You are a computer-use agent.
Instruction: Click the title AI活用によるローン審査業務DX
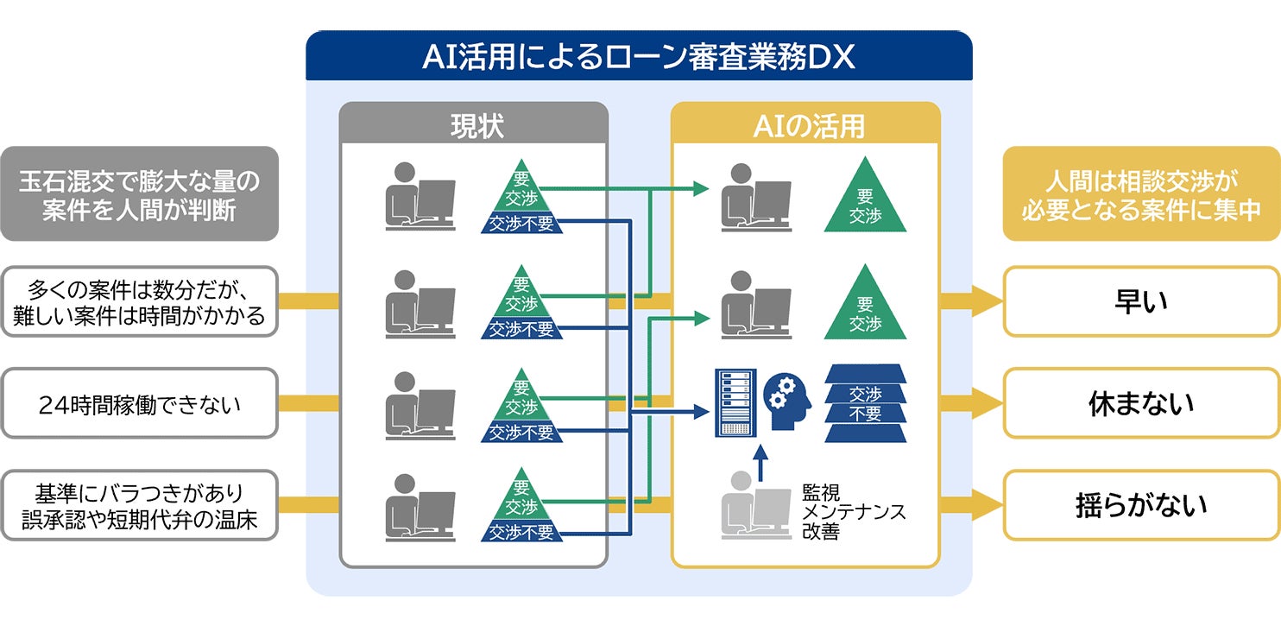click(x=639, y=56)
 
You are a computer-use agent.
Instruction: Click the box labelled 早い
click(x=1141, y=301)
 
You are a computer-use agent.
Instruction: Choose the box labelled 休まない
click(x=1141, y=403)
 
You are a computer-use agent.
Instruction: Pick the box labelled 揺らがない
click(x=1141, y=505)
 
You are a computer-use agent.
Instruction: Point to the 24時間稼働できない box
click(x=140, y=403)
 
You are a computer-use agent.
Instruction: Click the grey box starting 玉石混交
click(x=140, y=193)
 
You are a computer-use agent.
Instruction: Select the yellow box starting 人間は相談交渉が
click(x=1141, y=193)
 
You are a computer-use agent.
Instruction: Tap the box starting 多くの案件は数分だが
click(x=140, y=301)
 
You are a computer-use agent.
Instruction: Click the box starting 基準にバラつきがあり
click(x=140, y=505)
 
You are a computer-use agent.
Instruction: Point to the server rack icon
click(x=735, y=403)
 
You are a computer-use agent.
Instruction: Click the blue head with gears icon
click(x=788, y=402)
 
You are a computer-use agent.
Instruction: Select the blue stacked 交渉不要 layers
click(x=865, y=403)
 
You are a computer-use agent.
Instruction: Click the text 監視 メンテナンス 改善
click(x=853, y=511)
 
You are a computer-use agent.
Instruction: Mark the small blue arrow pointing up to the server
click(x=760, y=463)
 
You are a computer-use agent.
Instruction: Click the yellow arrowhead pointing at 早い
click(x=987, y=301)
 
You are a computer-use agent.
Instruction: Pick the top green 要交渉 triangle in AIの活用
click(x=865, y=194)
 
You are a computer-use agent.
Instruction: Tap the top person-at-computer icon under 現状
click(x=420, y=196)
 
